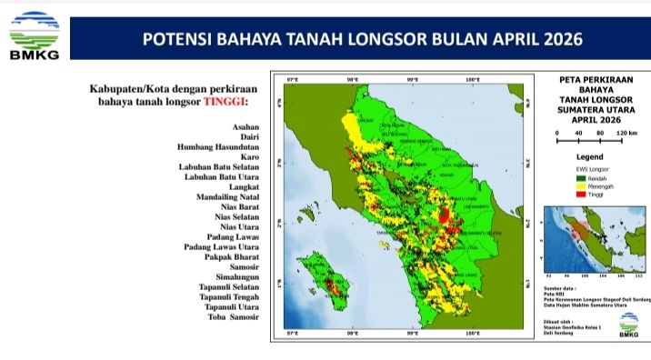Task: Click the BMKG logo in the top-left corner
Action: coord(34,34)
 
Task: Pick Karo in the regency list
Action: coord(249,157)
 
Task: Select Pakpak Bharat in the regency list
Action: coord(232,257)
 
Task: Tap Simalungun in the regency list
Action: coord(235,277)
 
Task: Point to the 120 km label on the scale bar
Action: coord(626,134)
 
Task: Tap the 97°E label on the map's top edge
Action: coord(292,80)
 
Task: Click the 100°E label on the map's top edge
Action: coord(472,80)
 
